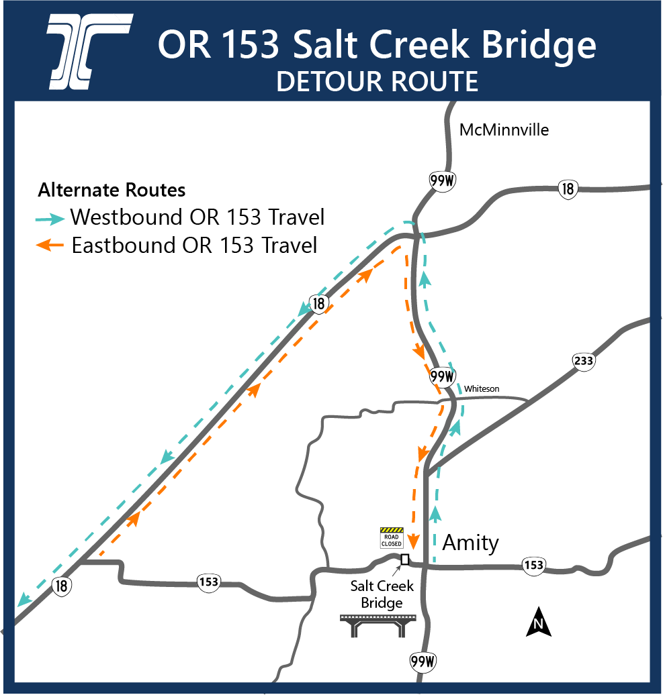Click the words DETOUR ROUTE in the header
[x=377, y=81]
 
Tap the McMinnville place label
[x=504, y=130]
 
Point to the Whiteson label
[x=482, y=389]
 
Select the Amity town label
[x=470, y=543]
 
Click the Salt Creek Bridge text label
[x=382, y=594]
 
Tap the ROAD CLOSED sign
[x=391, y=538]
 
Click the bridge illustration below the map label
[x=380, y=626]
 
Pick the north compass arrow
[x=538, y=622]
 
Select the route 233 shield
[x=583, y=362]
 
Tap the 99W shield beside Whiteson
[x=442, y=376]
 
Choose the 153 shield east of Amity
[x=533, y=566]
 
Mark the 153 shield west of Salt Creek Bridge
[x=209, y=582]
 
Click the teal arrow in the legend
[x=51, y=218]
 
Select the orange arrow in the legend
[x=51, y=246]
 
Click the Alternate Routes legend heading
[x=112, y=191]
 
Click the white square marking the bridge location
[x=404, y=559]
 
